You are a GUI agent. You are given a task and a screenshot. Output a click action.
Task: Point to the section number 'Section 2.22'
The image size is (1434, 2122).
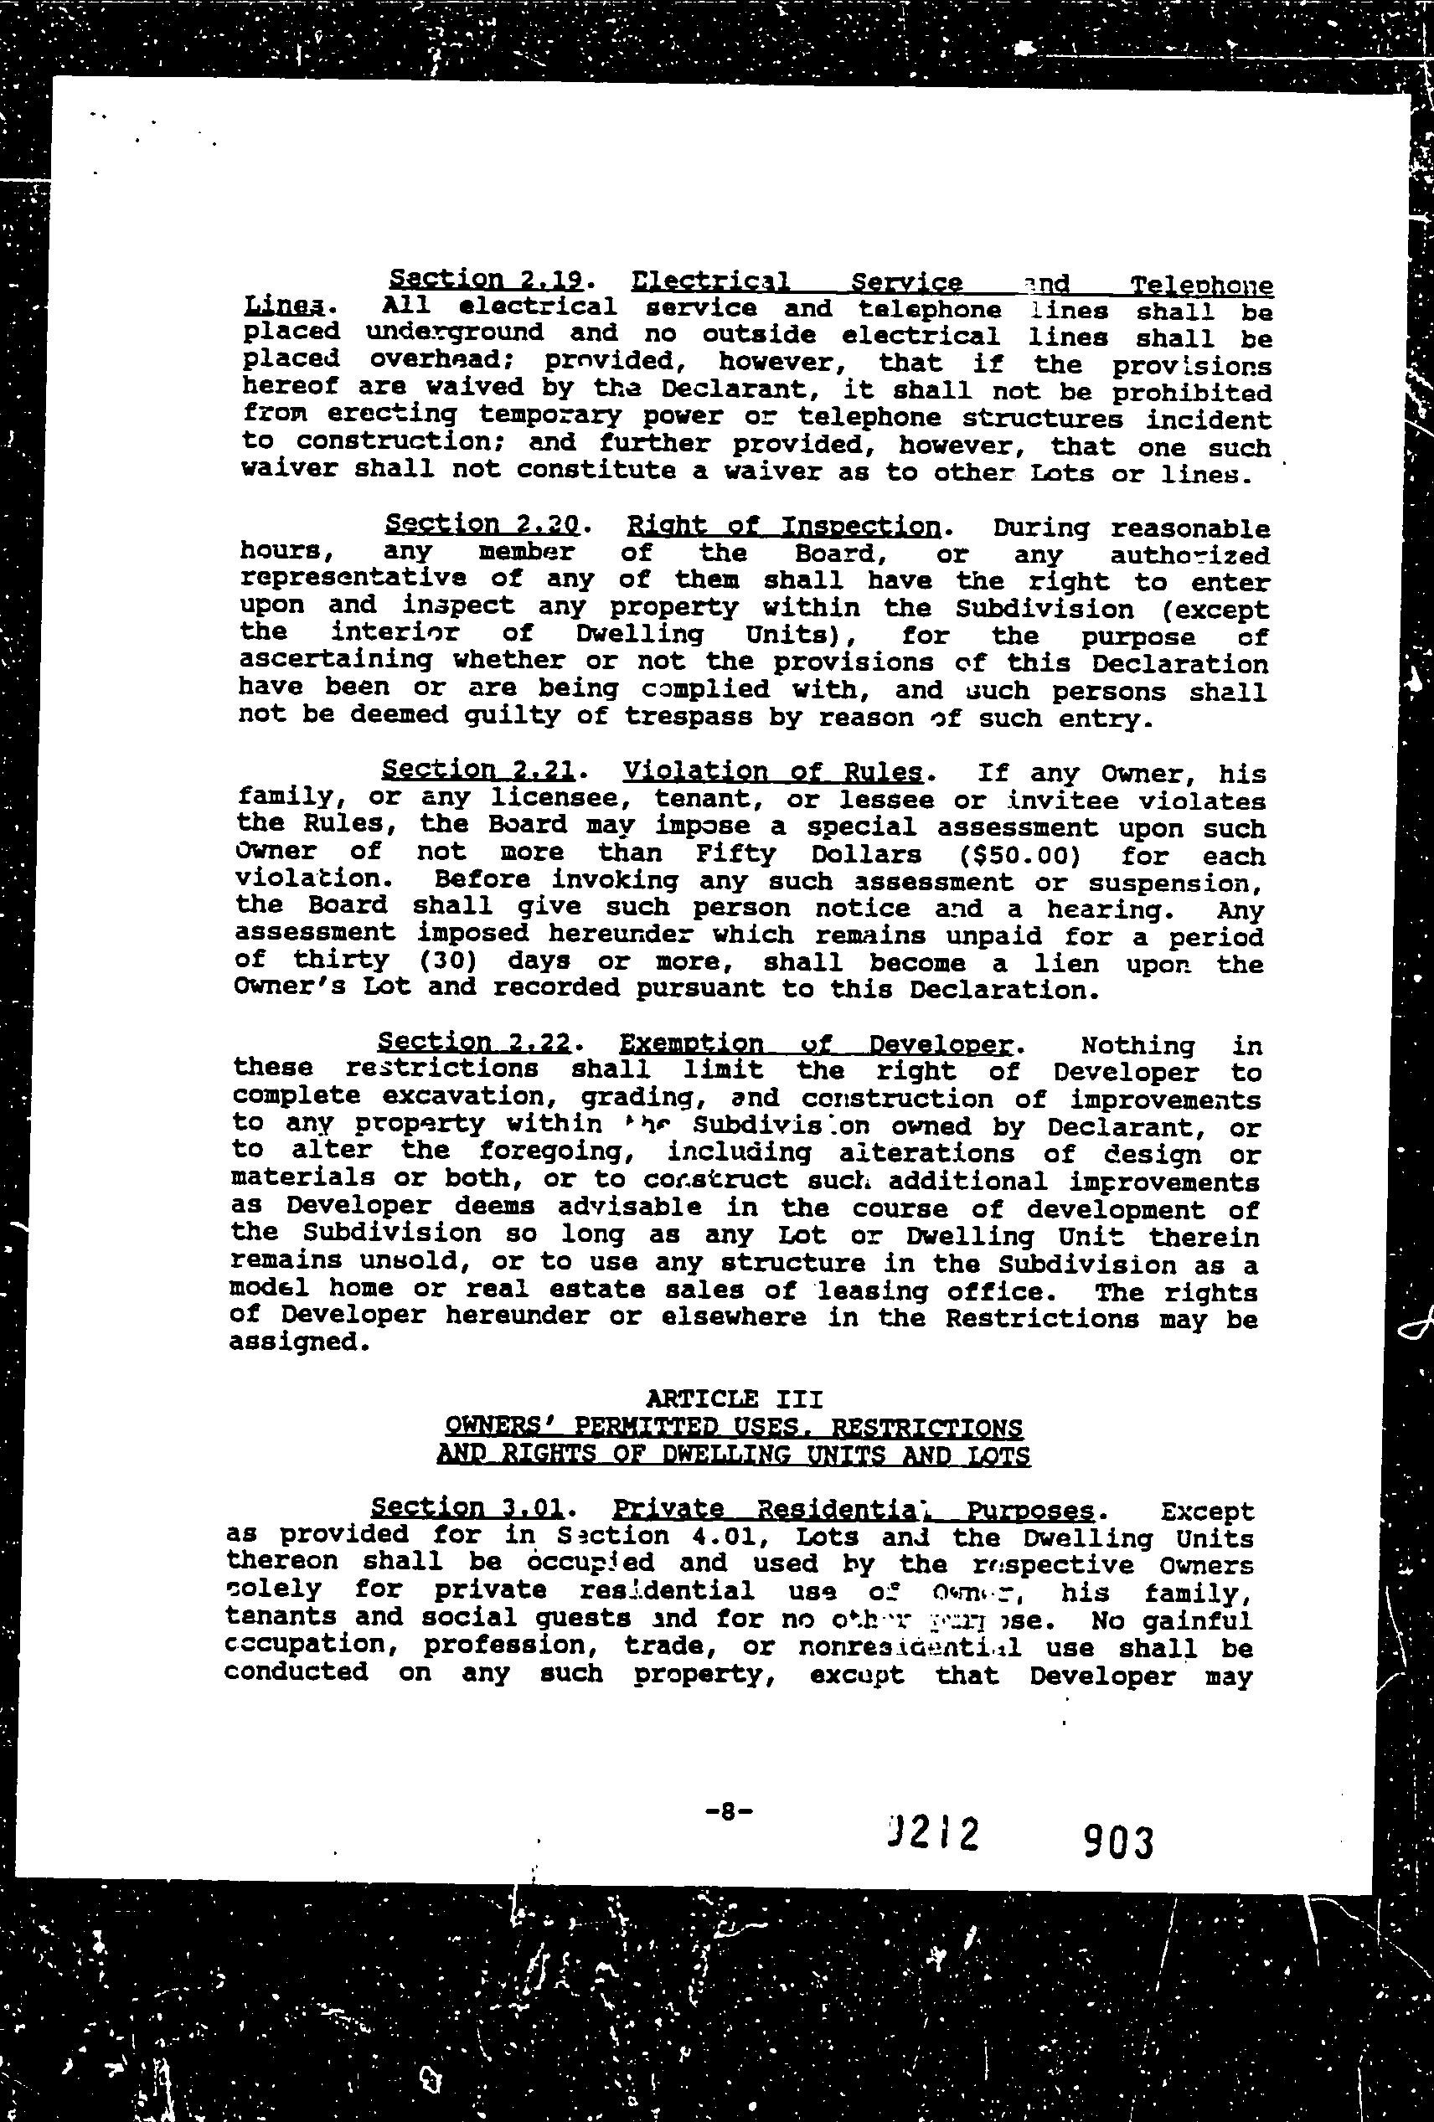pyautogui.click(x=474, y=1042)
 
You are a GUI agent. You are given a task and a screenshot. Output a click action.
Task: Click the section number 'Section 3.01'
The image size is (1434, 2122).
pyautogui.click(x=467, y=1507)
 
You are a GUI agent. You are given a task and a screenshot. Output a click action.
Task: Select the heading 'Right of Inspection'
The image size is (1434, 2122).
pyautogui.click(x=784, y=526)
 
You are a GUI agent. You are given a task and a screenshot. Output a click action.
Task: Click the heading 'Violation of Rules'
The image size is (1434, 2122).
pyautogui.click(x=771, y=771)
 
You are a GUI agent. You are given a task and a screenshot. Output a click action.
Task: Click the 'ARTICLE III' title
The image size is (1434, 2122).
pyautogui.click(x=735, y=1398)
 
